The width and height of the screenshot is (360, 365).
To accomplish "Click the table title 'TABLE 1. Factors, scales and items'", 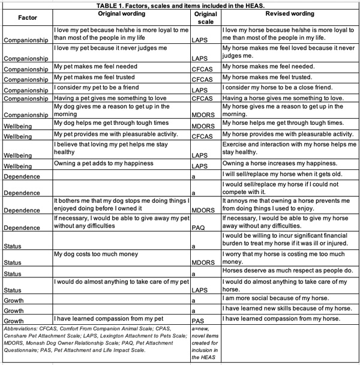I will [180, 5].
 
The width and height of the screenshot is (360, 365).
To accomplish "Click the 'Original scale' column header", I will [206, 17].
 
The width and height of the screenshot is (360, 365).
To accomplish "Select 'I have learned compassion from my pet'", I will [108, 318].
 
